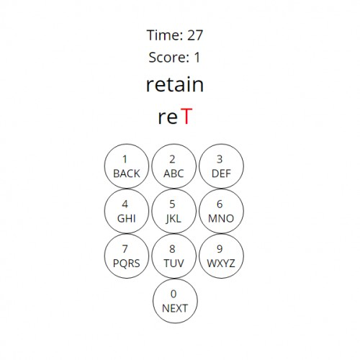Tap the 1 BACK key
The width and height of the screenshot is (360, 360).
click(x=127, y=166)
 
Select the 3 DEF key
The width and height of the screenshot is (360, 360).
click(x=221, y=166)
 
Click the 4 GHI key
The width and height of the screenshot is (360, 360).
click(x=127, y=211)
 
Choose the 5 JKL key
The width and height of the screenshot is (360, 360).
click(x=174, y=211)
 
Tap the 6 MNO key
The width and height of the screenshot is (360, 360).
click(x=221, y=211)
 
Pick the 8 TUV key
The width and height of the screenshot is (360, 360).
click(x=174, y=256)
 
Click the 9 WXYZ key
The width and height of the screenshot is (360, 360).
click(x=221, y=256)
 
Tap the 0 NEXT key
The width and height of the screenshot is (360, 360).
click(x=175, y=301)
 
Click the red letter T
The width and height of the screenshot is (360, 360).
click(x=186, y=116)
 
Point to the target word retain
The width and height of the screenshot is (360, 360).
click(x=175, y=84)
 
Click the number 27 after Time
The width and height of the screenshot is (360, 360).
click(x=195, y=35)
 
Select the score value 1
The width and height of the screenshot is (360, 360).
click(x=197, y=58)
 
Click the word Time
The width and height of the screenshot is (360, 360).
click(x=165, y=35)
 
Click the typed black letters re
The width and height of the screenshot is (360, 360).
click(x=168, y=118)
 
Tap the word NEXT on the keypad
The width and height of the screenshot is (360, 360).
click(x=175, y=308)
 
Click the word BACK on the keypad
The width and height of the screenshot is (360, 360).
click(x=127, y=174)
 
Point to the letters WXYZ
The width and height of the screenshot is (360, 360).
click(x=221, y=264)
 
